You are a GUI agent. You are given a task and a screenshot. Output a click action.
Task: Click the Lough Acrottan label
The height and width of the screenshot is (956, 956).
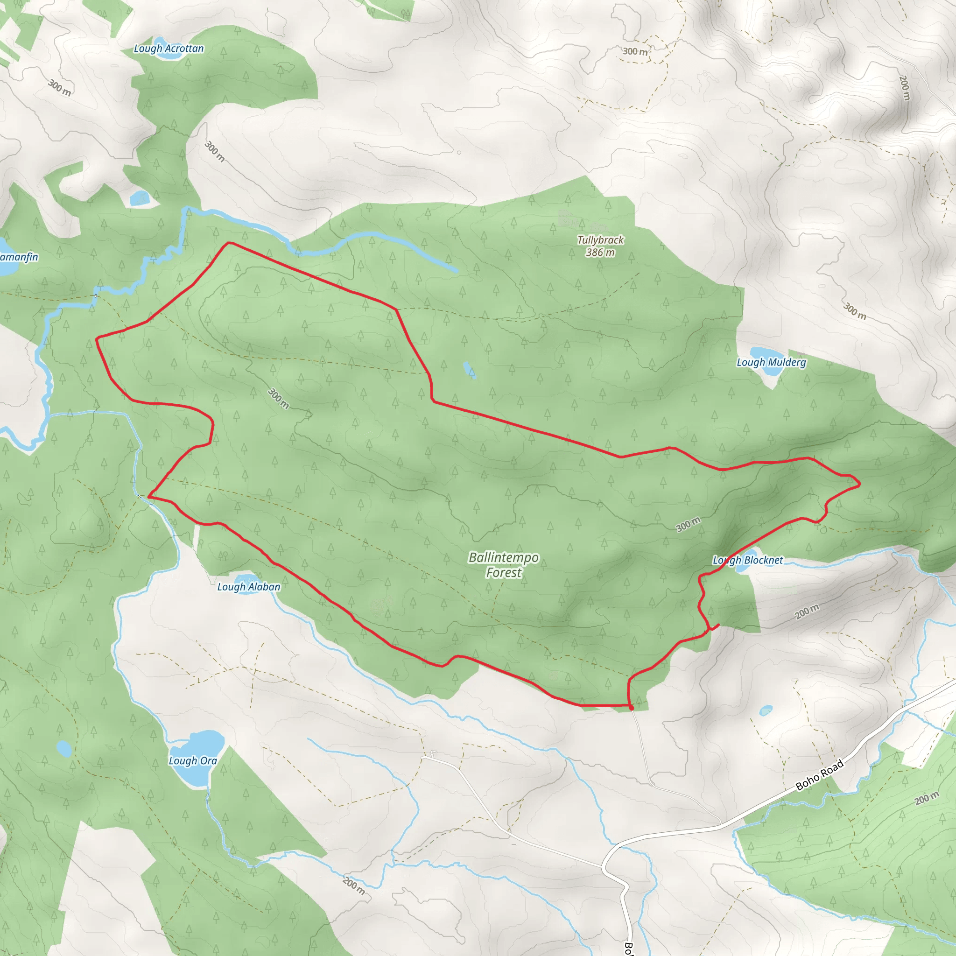coord(169,49)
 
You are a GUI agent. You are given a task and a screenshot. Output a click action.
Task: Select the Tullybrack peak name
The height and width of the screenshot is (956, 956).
coord(600,240)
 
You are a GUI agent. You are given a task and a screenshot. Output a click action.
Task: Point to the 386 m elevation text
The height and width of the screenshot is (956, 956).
coord(600,253)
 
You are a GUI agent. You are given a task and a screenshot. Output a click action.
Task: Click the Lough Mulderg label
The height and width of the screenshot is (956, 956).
coord(771,362)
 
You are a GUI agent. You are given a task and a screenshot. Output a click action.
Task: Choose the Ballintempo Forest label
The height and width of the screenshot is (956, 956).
coord(503,565)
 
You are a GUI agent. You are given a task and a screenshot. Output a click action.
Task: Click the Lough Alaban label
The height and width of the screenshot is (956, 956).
coord(249,587)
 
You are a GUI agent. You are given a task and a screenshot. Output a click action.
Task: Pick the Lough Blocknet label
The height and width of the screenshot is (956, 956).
coord(748,560)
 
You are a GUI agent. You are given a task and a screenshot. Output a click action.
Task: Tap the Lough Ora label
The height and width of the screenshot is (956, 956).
coord(193,760)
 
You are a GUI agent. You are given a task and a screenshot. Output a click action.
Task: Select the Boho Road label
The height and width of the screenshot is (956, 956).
coord(819,775)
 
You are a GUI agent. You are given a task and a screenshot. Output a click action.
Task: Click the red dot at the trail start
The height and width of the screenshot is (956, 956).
coord(631,708)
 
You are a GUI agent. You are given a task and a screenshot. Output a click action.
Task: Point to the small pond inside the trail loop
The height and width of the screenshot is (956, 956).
coord(468,369)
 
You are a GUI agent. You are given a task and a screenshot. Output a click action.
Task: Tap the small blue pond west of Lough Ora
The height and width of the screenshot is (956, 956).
coord(64,749)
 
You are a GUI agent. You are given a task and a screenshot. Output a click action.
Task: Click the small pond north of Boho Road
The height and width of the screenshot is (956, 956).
coord(766,711)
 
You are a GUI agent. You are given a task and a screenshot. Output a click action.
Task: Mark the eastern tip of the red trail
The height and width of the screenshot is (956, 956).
coord(860,484)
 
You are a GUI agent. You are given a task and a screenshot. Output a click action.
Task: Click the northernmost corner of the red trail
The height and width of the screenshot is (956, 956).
coord(229,242)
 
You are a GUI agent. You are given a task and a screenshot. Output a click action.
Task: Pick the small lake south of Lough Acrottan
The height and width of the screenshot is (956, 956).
coord(139,198)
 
